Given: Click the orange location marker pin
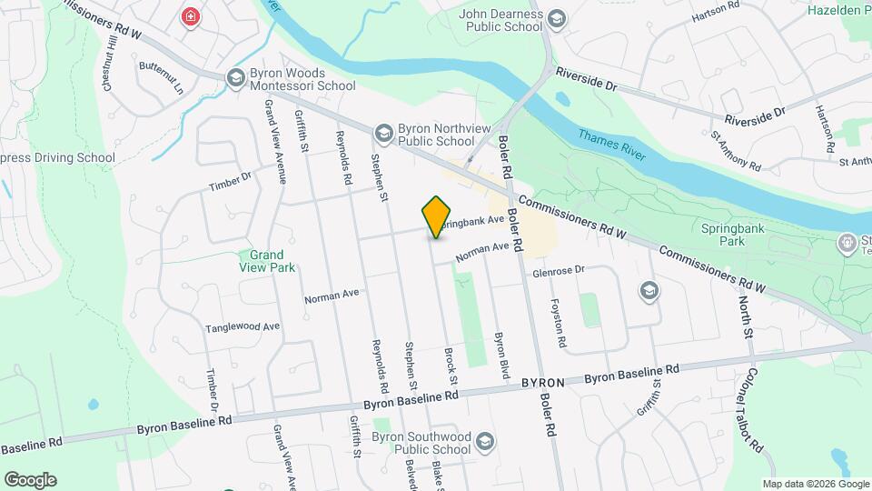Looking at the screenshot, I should coord(437,216).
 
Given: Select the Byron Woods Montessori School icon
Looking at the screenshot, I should coord(236,77).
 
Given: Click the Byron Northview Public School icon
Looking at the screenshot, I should coord(383,133).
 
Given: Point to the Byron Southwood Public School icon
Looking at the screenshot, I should coord(484,443).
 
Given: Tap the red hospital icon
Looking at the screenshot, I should coord(190,16).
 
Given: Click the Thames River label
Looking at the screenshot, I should coord(613,145).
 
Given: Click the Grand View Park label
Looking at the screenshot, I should coord(267,261).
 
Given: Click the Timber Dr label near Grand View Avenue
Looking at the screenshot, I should coord(229,182).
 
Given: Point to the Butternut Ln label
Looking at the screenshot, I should coord(161,78).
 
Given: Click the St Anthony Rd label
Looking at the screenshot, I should coord(735,151).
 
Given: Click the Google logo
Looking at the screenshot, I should coord(30,480).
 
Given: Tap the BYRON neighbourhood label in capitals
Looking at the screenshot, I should coord(544,383).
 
